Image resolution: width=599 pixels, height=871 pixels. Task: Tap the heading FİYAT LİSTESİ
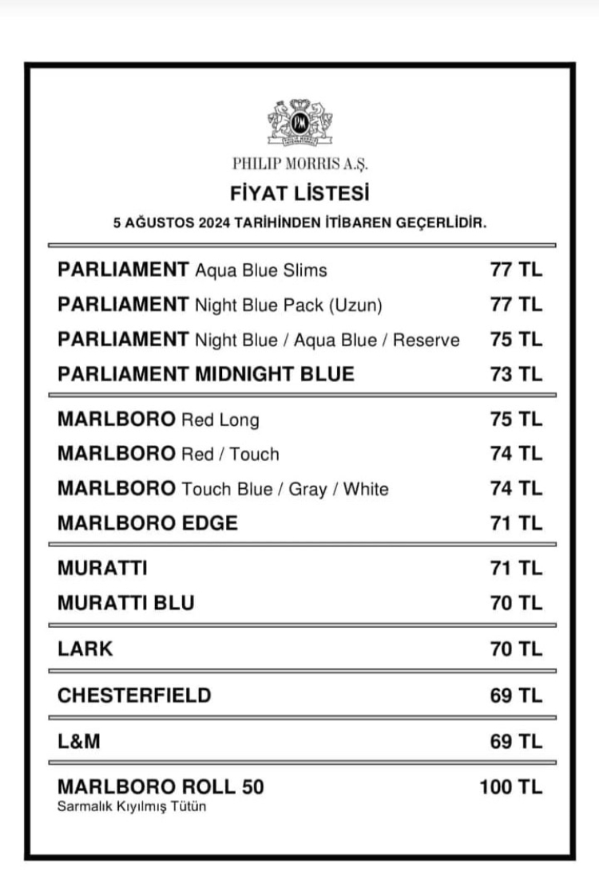[x=299, y=193]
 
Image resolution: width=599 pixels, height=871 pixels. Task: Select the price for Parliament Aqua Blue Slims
[x=516, y=270]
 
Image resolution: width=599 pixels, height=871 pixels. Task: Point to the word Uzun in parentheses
[x=357, y=305]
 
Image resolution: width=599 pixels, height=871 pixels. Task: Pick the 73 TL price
[x=516, y=374]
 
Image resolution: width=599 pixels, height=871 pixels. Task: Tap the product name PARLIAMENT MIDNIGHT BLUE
[x=205, y=374]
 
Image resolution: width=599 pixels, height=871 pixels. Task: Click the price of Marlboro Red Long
[x=516, y=420]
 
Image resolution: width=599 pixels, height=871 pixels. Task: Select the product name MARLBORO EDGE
[x=148, y=523]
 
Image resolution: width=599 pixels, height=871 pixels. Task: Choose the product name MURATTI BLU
[x=125, y=603]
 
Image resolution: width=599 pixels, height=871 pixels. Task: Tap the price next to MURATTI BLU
[x=516, y=603]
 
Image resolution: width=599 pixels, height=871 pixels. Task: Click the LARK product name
[x=85, y=648]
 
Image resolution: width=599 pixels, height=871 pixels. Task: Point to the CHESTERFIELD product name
[x=134, y=696]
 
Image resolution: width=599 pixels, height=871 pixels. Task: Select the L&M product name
[x=79, y=742]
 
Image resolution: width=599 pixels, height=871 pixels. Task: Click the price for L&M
[x=516, y=742]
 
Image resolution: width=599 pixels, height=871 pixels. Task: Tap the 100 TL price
[x=510, y=787]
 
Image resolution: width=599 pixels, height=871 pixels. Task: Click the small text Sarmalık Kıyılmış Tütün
[x=132, y=807]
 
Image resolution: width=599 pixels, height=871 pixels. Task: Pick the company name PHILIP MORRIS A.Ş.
[x=299, y=164]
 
